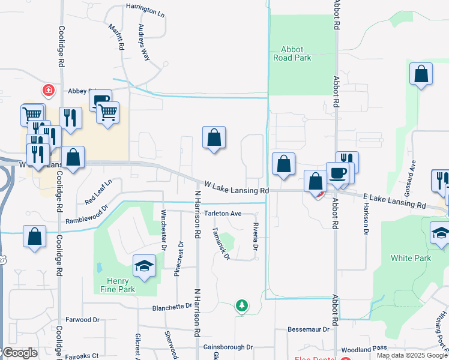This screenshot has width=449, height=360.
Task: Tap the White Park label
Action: (x=411, y=258)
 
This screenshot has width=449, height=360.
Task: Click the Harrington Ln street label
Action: (x=145, y=11)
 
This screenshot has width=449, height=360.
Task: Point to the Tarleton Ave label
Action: (x=222, y=213)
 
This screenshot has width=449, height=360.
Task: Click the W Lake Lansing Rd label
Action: (x=236, y=188)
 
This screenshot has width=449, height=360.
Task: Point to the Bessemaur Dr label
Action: (x=309, y=329)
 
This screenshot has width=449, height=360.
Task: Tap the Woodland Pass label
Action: (x=364, y=349)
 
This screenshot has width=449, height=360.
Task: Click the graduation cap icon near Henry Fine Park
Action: (x=144, y=266)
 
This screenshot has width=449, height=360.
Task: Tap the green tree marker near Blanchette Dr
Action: (x=241, y=305)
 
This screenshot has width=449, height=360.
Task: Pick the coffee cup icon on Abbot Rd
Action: (x=337, y=173)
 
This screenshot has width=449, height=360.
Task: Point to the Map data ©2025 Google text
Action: (x=412, y=355)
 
